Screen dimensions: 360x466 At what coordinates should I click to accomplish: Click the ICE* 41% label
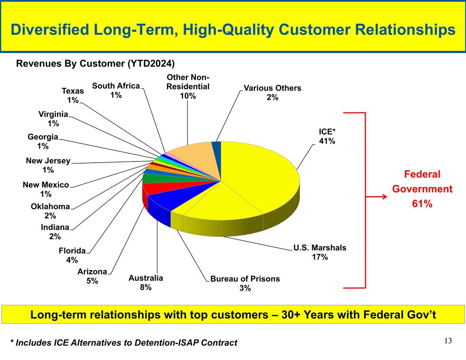[327, 136]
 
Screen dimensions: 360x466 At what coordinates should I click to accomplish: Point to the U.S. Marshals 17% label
[320, 252]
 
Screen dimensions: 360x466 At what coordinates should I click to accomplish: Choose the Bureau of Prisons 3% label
[245, 283]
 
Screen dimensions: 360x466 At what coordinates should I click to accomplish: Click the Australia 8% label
[146, 283]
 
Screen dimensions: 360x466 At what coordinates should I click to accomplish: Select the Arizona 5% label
[92, 276]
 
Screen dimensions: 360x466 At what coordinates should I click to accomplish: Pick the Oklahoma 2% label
[50, 211]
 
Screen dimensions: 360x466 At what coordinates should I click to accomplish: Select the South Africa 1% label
[116, 90]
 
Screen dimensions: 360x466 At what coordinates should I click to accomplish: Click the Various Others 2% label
[272, 93]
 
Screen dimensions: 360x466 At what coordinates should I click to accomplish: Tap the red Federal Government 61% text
[422, 189]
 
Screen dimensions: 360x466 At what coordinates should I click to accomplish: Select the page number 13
[448, 341]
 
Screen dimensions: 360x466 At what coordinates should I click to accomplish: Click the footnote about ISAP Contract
[124, 343]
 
